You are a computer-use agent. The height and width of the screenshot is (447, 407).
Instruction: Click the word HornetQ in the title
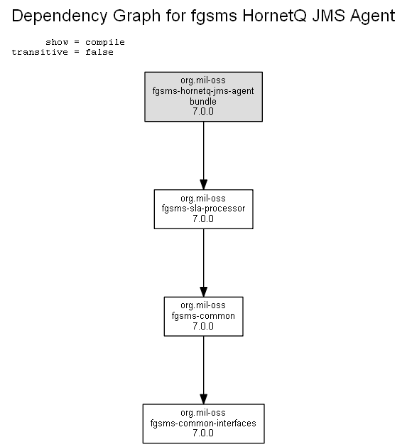point(274,16)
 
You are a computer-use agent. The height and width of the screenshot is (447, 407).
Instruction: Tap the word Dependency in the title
point(60,16)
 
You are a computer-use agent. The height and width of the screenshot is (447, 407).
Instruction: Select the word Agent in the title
point(373,16)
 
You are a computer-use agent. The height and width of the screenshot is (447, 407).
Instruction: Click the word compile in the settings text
point(105,43)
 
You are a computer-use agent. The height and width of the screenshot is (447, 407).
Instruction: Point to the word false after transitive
point(99,52)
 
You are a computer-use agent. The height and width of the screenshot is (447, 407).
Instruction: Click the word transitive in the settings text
point(40,52)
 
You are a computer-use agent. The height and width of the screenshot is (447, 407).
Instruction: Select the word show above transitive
point(57,42)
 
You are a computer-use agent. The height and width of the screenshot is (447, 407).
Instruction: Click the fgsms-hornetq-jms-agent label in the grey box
point(203,91)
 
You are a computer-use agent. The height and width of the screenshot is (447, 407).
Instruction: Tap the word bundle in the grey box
point(203,101)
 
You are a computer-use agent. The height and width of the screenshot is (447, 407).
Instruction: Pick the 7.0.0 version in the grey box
point(203,111)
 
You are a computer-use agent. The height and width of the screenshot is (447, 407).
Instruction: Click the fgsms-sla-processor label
point(203,209)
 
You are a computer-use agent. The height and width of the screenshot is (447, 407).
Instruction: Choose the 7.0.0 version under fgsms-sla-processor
point(203,219)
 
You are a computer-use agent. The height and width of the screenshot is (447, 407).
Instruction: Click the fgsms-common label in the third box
point(203,316)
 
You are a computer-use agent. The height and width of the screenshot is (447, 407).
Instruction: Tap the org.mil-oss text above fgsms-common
point(203,305)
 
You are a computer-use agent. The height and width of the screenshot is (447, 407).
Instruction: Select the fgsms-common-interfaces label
point(203,423)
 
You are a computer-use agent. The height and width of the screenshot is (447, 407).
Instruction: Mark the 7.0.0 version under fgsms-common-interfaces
point(203,433)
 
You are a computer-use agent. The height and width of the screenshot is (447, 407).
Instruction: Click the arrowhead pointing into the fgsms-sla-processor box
point(203,184)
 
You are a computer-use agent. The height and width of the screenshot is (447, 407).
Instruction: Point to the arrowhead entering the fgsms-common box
point(203,292)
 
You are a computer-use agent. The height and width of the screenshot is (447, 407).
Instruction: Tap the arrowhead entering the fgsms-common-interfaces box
point(203,399)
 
